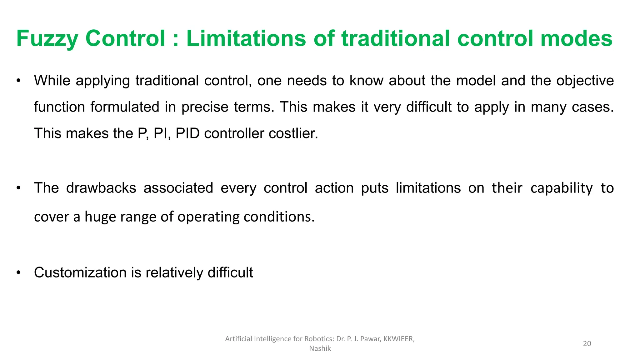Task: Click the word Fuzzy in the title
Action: (x=47, y=39)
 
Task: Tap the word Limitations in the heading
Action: (x=246, y=38)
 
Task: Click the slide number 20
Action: (x=587, y=344)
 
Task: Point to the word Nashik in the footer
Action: (x=320, y=348)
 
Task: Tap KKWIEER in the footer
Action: (x=398, y=339)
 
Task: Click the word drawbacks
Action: (x=101, y=188)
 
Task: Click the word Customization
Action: (x=80, y=272)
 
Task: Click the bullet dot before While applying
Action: (x=19, y=81)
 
